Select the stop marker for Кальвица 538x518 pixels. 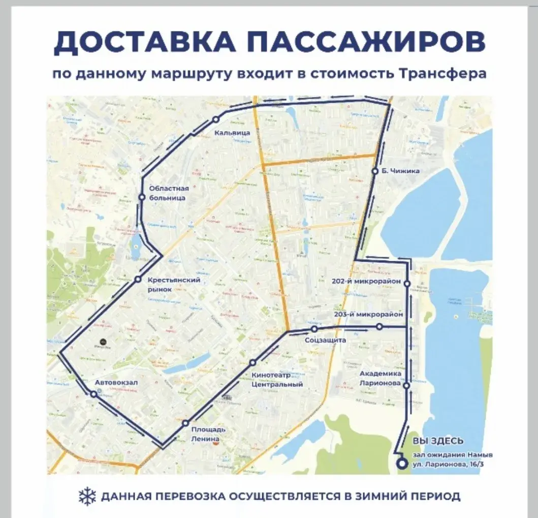coord(215,119)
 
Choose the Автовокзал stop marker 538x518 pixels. coord(94,394)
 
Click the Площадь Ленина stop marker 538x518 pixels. coord(186,423)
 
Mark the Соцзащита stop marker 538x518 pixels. coord(314,329)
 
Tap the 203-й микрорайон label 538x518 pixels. coord(368,315)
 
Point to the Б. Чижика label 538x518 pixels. coord(401,171)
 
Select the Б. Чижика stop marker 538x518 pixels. coord(375,171)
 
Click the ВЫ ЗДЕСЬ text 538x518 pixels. coord(438,441)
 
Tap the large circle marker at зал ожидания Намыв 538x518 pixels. coord(402,464)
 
